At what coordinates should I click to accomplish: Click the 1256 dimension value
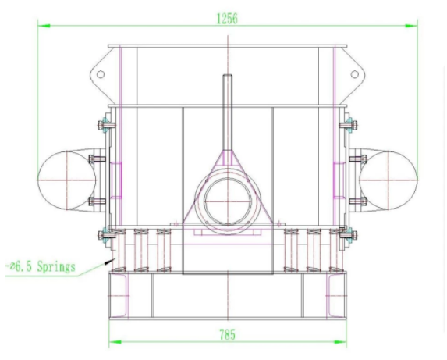(227, 19)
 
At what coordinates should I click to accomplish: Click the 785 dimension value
(228, 334)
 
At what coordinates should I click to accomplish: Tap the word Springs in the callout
(56, 267)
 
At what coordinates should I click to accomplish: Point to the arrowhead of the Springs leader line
(109, 261)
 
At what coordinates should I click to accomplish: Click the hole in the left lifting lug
(101, 74)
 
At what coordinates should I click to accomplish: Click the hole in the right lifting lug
(354, 74)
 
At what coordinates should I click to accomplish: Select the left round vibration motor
(67, 180)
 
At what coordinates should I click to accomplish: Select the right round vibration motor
(388, 180)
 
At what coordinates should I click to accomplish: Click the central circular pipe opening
(228, 201)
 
